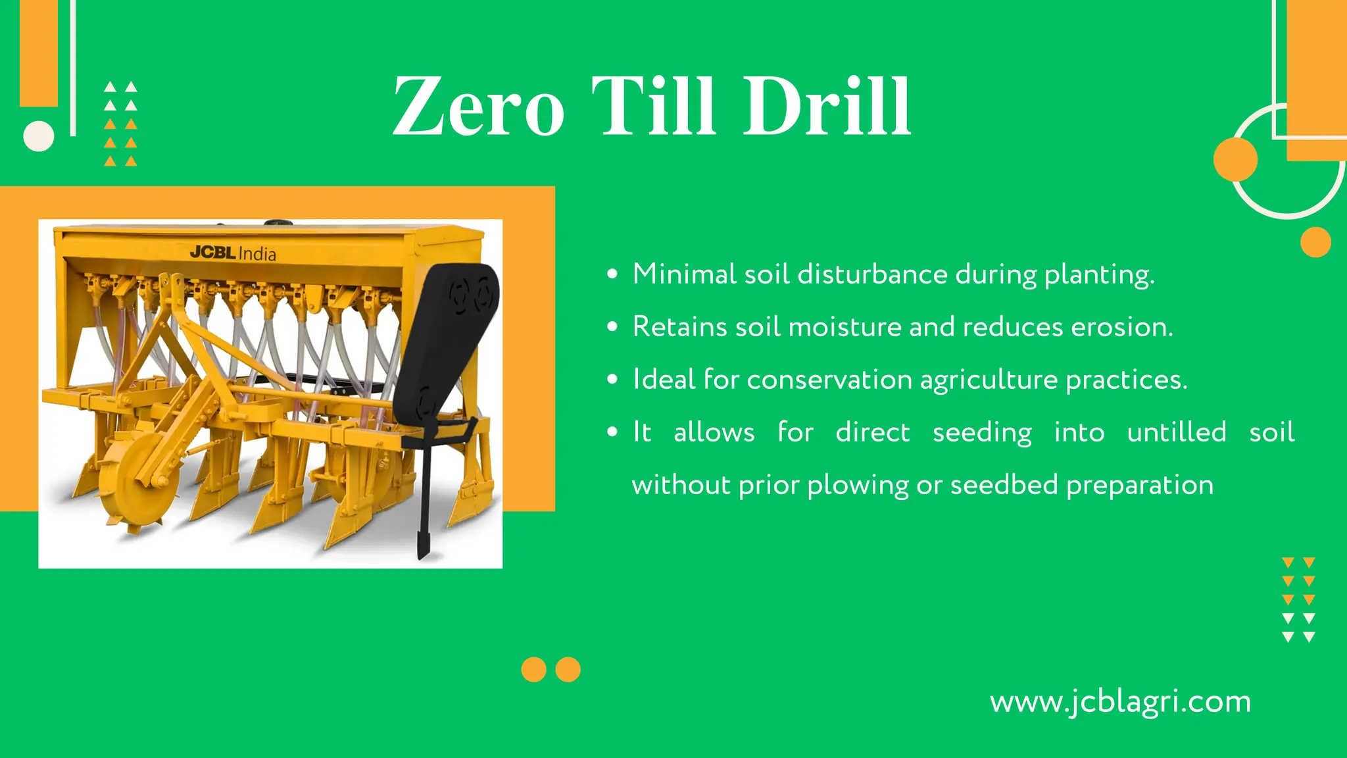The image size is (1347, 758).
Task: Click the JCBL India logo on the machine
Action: coord(233,253)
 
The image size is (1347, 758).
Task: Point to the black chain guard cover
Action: coord(447,336)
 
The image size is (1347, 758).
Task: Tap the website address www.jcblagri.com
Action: coord(1120,701)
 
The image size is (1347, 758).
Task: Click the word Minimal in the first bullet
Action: coord(684,274)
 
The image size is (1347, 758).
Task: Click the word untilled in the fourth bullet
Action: coord(1177,432)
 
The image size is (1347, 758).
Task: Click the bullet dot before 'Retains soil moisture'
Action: coord(612,326)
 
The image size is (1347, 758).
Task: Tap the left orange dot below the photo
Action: coord(533,669)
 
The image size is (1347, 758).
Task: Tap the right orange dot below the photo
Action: coord(568,669)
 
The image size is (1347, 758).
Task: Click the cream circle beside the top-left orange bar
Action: coord(39,136)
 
